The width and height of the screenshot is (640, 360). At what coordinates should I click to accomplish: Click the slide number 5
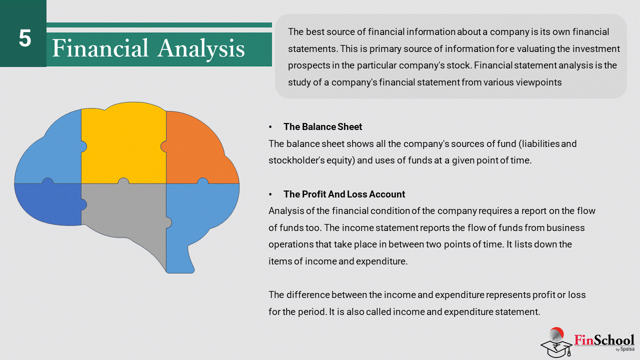click(25, 38)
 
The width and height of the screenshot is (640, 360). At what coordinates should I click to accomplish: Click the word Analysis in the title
click(201, 48)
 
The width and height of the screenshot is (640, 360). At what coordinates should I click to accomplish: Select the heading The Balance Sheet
click(322, 126)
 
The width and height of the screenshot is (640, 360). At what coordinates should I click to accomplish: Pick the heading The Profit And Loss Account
click(344, 194)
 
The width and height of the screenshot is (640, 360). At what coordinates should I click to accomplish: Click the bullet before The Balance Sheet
click(270, 127)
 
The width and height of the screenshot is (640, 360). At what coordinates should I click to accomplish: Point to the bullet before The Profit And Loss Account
click(270, 194)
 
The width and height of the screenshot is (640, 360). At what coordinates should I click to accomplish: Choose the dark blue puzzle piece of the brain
click(48, 203)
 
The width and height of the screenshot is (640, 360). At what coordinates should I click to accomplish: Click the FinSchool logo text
click(604, 340)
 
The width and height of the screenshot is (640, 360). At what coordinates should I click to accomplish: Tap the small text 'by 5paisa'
click(625, 349)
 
